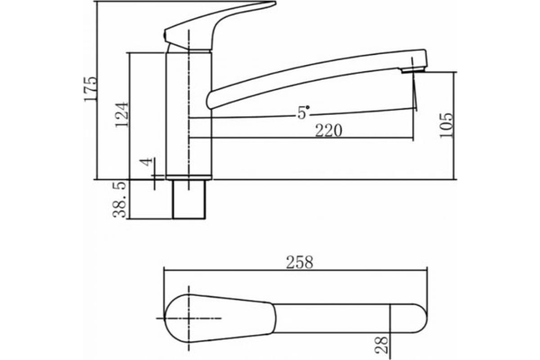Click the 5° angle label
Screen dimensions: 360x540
(x=303, y=112)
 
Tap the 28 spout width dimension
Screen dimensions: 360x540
(x=382, y=345)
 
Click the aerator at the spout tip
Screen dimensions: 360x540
(x=413, y=70)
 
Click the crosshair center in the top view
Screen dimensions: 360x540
(x=189, y=319)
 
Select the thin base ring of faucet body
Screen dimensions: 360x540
(x=189, y=177)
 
